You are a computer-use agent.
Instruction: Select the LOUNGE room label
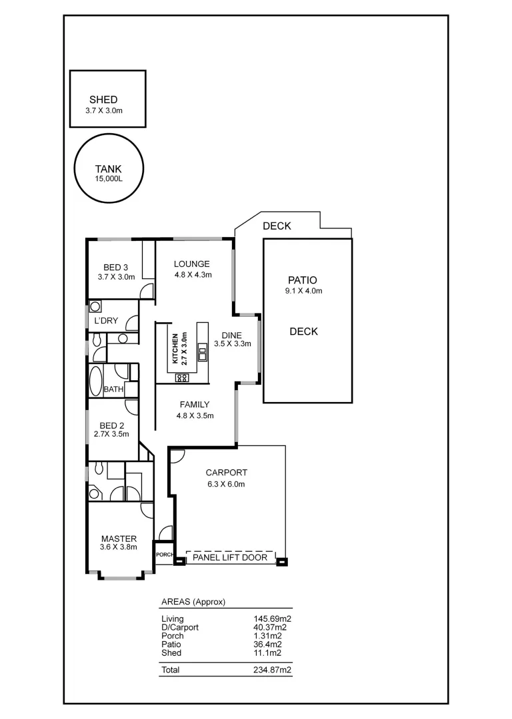coord(192,264)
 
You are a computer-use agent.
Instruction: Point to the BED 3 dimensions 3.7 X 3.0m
coord(116,277)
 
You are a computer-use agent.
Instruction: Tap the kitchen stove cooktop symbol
coord(182,377)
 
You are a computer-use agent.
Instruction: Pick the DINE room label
coord(232,335)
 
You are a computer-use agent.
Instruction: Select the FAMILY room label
coord(193,404)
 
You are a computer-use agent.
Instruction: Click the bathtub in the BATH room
coord(95,381)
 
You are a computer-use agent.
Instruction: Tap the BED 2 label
coord(112,425)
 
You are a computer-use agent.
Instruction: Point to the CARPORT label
coord(226,473)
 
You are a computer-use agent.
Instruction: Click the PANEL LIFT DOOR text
coord(230,558)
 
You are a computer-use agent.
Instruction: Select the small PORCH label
coord(164,555)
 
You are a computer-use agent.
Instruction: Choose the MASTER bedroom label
coord(119,539)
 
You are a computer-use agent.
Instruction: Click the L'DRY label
coord(106,320)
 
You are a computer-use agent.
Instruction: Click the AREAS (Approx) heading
coord(193,602)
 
